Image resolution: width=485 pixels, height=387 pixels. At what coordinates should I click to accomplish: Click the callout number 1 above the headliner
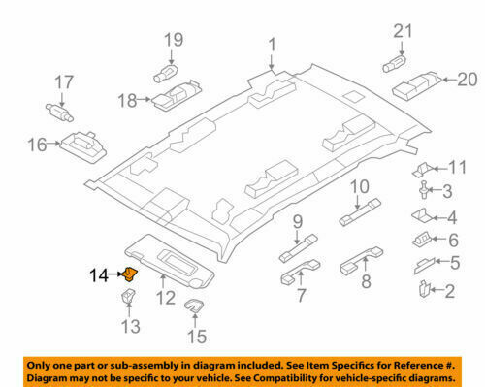272,44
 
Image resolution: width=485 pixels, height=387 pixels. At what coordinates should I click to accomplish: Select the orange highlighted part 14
133,275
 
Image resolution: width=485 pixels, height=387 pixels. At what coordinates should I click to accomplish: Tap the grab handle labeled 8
355,264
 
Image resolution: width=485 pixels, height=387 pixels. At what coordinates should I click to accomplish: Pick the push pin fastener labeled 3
427,190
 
